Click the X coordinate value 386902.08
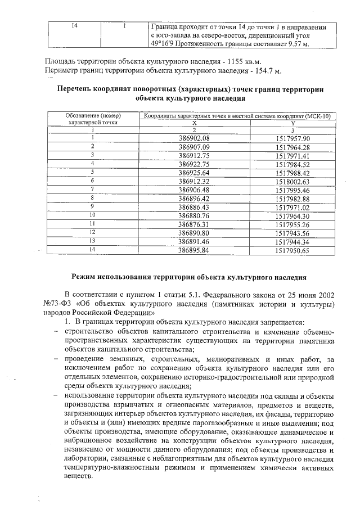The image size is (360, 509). coord(193,138)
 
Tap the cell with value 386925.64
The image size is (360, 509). coord(193,173)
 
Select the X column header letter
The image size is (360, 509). coord(195,123)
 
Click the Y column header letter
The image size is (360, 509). coord(293,123)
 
